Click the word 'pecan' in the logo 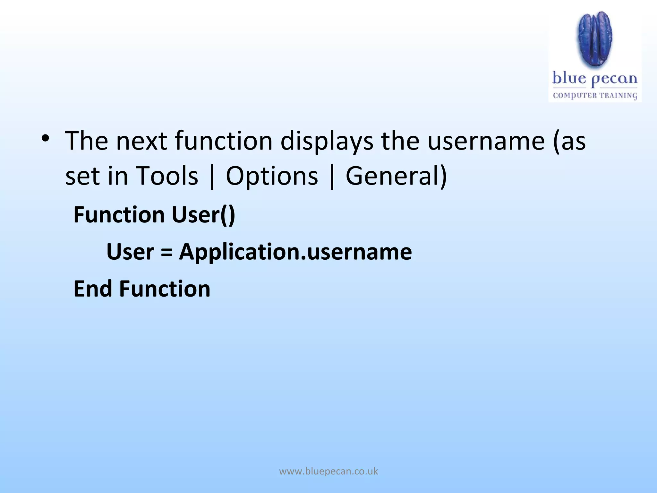[x=614, y=79]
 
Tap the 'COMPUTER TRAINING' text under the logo [x=595, y=95]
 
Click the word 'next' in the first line [x=141, y=141]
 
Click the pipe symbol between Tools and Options [x=212, y=177]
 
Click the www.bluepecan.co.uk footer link [x=328, y=471]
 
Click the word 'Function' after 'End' [x=165, y=289]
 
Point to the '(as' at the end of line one [x=569, y=141]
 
